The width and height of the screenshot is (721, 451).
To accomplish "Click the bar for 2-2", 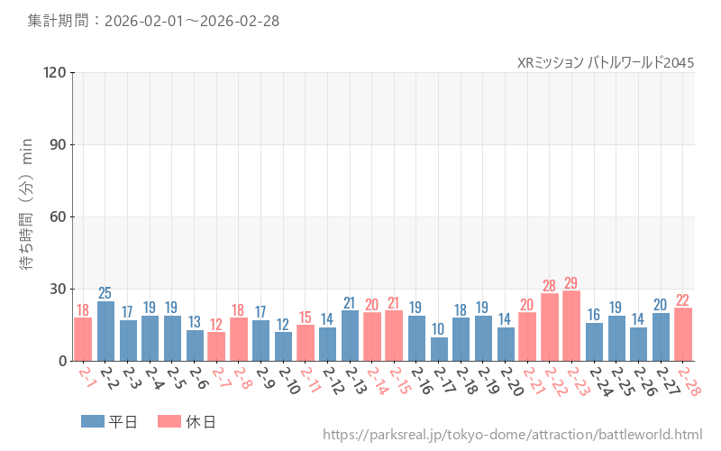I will pyautogui.click(x=105, y=331).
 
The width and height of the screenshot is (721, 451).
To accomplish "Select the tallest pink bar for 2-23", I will pyautogui.click(x=571, y=326).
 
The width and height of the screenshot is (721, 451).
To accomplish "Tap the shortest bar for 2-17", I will pyautogui.click(x=439, y=349).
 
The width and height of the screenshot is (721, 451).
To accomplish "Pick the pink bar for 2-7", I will pyautogui.click(x=216, y=346).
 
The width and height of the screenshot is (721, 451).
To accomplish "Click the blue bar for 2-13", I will pyautogui.click(x=350, y=336).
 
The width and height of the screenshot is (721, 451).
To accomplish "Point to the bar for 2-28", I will pyautogui.click(x=682, y=335).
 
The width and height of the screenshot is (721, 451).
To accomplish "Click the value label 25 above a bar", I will pyautogui.click(x=105, y=292).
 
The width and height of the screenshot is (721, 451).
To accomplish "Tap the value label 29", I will pyautogui.click(x=571, y=283).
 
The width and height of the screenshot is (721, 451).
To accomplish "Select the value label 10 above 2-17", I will pyautogui.click(x=439, y=329).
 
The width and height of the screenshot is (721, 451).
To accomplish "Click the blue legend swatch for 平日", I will pyautogui.click(x=93, y=421).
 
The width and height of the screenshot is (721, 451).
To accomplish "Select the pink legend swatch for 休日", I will pyautogui.click(x=169, y=421).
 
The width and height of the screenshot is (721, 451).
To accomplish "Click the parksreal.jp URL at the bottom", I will pyautogui.click(x=512, y=435).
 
